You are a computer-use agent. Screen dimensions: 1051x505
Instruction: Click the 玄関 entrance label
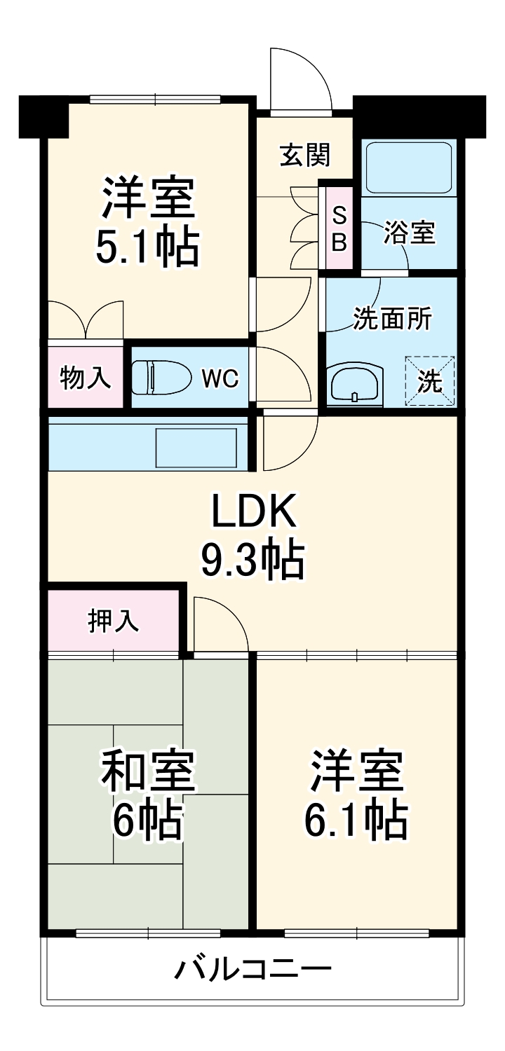[305, 155]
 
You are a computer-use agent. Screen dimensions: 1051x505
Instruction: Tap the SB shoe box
[339, 228]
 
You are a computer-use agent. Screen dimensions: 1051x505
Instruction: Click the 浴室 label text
[410, 233]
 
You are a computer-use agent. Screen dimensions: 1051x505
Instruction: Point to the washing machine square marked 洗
[430, 381]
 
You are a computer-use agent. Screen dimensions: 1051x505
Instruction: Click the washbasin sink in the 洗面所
[355, 385]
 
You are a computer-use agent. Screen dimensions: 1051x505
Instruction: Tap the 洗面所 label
[392, 320]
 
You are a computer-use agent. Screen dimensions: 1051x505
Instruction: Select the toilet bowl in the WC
[161, 378]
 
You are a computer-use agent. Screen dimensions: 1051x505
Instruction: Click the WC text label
[220, 379]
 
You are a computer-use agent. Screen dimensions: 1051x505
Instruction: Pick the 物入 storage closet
[86, 377]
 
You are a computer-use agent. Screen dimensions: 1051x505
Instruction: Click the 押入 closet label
[112, 621]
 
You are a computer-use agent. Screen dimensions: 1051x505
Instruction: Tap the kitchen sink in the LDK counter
[196, 448]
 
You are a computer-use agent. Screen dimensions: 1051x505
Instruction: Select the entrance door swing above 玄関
[300, 81]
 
